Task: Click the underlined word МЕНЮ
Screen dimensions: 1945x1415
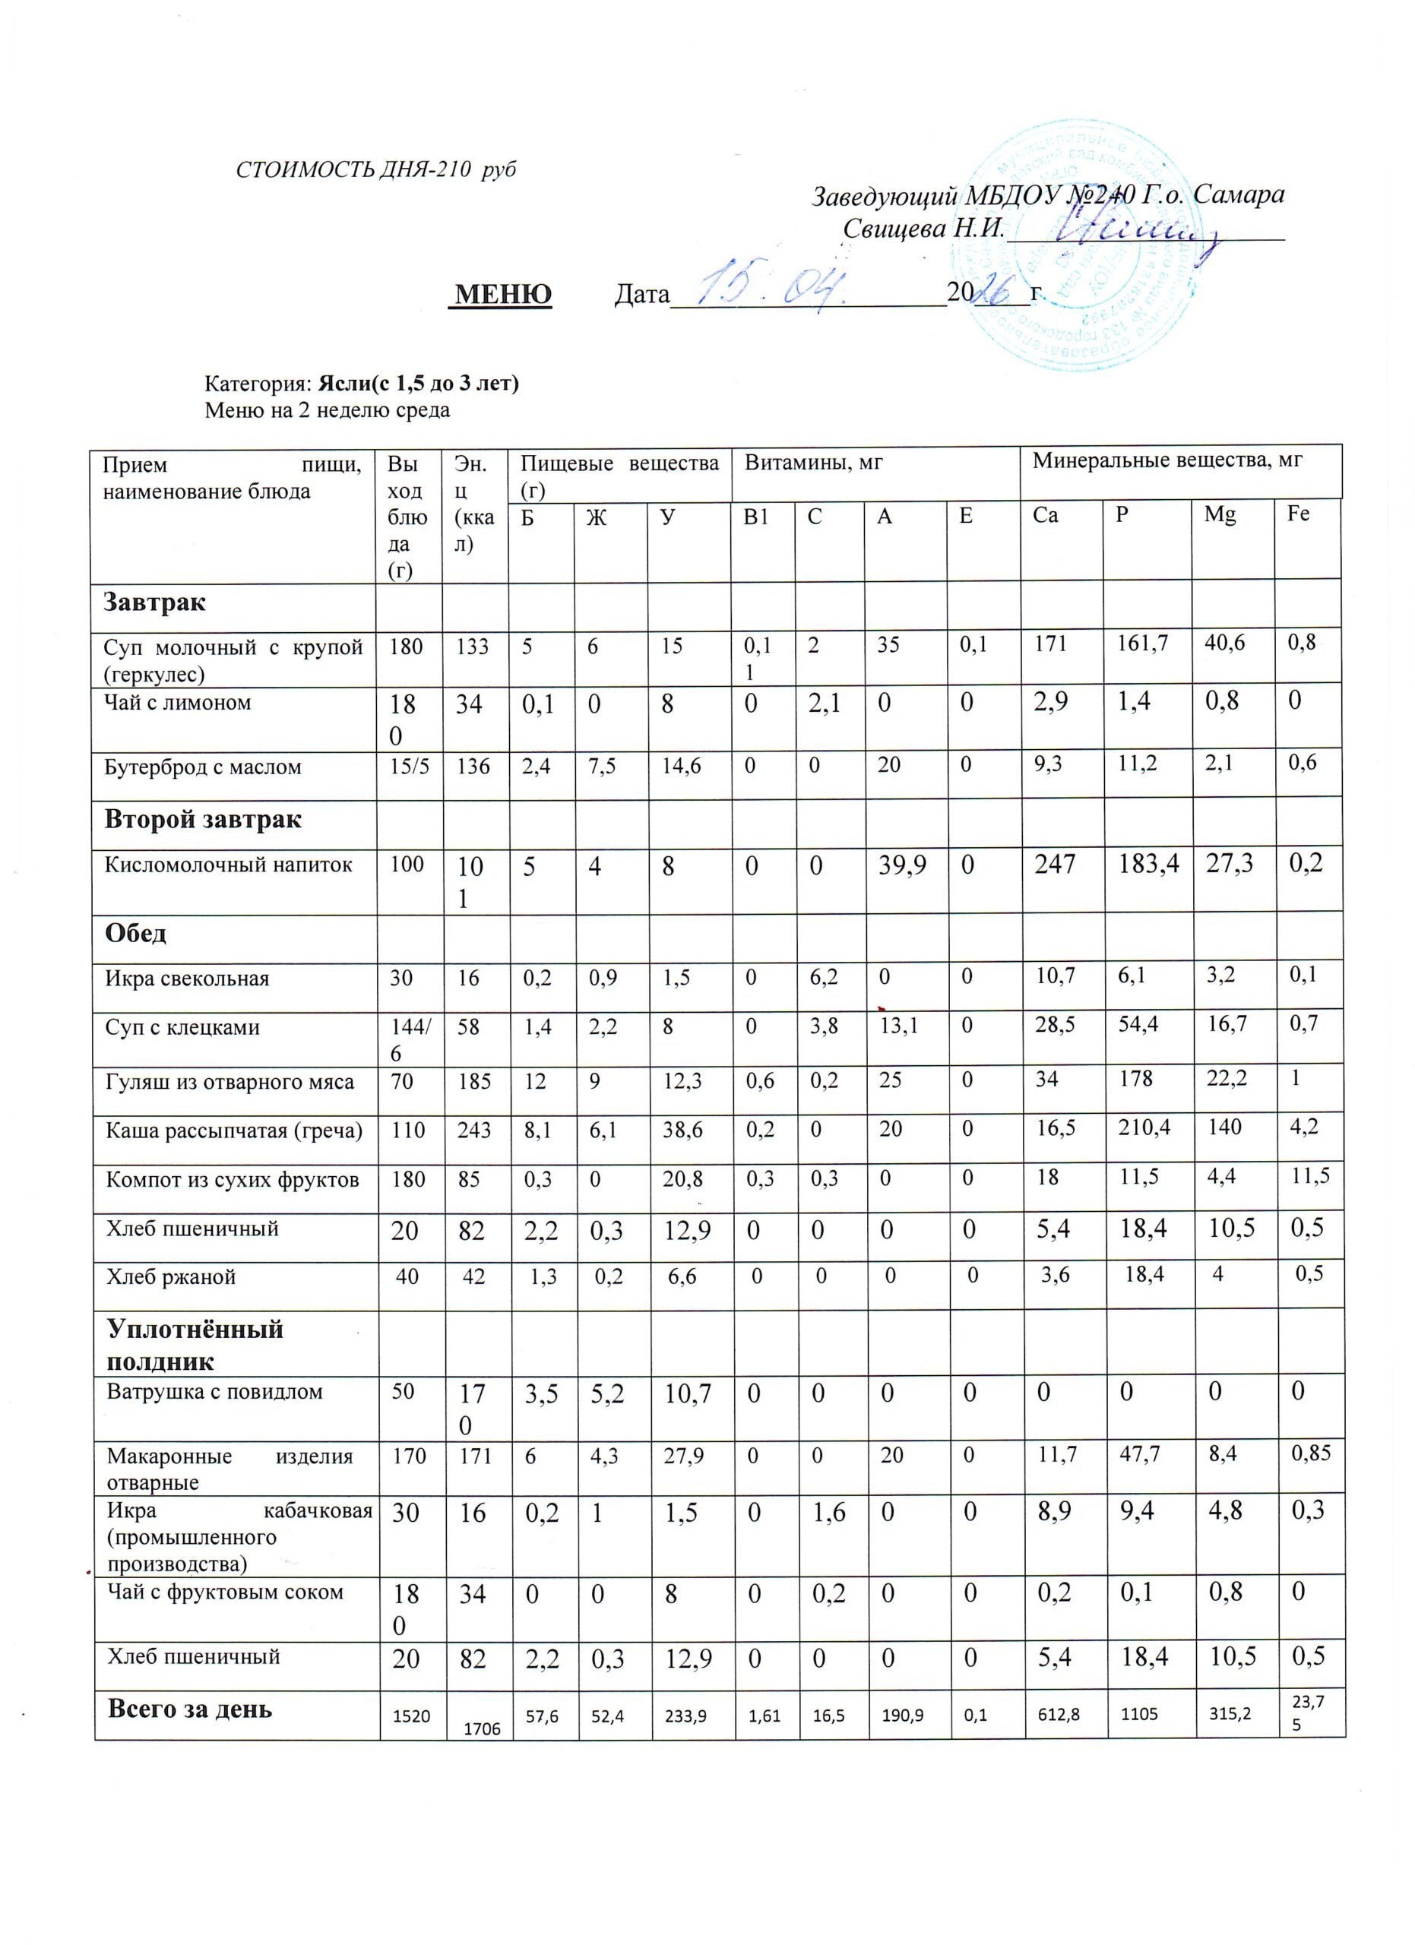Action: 502,295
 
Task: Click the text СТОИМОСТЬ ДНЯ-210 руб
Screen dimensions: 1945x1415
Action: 375,169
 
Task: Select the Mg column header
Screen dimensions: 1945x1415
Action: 1220,514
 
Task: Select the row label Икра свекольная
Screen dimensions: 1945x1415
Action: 187,979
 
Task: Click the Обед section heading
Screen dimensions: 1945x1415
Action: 135,933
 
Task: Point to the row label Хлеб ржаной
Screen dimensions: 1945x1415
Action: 171,1277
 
